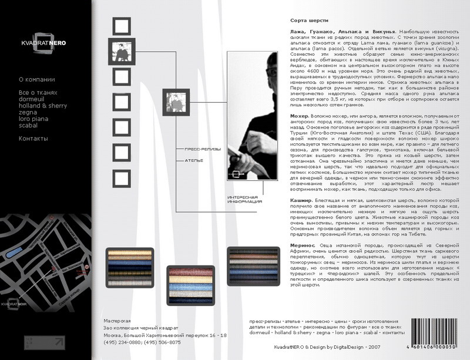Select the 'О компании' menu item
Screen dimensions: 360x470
click(x=36, y=79)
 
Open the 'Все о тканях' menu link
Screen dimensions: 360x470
click(x=38, y=93)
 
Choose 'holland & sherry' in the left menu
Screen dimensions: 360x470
click(x=43, y=106)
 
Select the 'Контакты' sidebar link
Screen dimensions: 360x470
click(x=33, y=139)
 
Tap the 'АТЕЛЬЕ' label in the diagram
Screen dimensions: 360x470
click(x=194, y=160)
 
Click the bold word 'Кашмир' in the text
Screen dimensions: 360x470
click(x=302, y=200)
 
